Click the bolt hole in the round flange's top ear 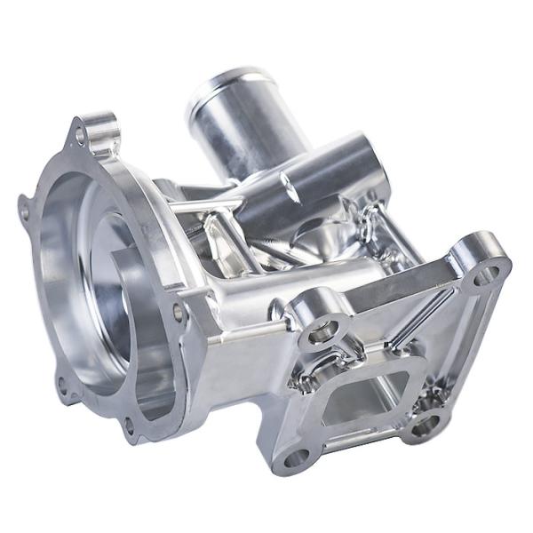coord(82,136)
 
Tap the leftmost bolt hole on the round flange coord(24,212)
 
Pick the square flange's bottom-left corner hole coord(293,459)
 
